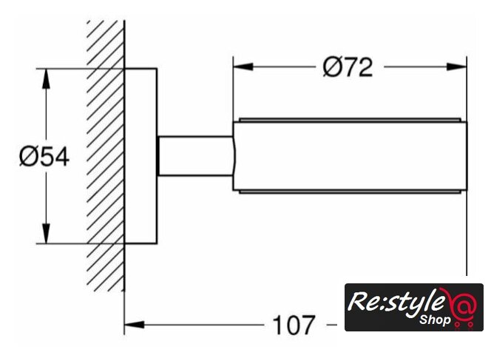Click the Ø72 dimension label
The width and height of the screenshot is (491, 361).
click(348, 67)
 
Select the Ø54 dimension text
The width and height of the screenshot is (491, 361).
click(44, 157)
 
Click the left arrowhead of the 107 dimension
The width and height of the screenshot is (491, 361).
click(133, 324)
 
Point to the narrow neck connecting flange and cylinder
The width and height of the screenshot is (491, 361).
click(195, 156)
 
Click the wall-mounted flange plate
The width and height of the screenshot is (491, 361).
click(140, 156)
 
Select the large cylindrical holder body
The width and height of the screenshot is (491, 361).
click(349, 156)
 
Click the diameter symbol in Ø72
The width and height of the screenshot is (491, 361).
click(332, 67)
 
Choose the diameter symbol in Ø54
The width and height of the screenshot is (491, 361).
click(29, 157)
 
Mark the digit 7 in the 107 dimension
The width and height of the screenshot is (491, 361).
click(308, 325)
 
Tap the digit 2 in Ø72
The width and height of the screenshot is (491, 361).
click(364, 67)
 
